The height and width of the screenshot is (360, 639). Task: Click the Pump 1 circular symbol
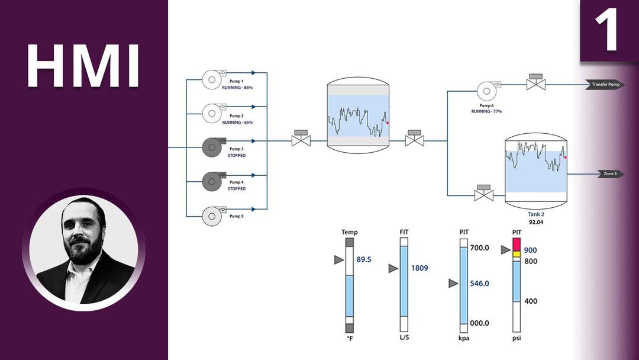click(212, 79)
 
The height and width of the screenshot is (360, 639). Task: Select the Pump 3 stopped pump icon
click(212, 147)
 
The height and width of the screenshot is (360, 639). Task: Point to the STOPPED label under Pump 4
click(237, 189)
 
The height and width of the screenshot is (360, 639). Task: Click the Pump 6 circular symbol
click(486, 91)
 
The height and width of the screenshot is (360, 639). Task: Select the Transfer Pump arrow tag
click(605, 85)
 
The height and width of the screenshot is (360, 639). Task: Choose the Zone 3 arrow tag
click(609, 174)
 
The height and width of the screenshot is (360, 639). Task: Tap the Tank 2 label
click(535, 214)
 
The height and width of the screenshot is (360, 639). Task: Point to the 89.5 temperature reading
click(364, 259)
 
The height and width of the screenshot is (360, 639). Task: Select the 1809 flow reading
click(419, 268)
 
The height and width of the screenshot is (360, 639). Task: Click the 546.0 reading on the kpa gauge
click(479, 283)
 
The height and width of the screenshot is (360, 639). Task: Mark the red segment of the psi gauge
click(516, 243)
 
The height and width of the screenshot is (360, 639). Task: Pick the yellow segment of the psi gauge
click(516, 254)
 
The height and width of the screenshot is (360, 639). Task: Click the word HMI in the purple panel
click(83, 66)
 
